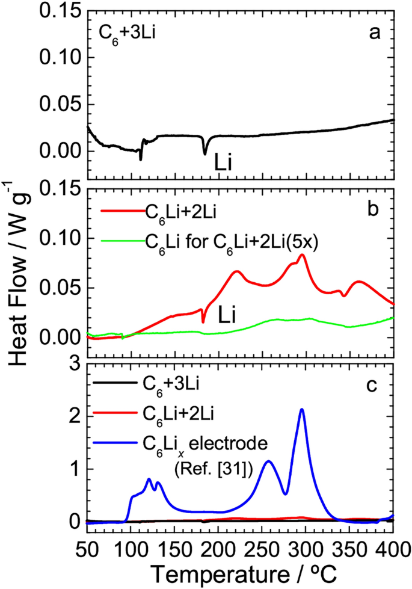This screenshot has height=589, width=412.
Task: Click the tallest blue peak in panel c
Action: click(301, 410)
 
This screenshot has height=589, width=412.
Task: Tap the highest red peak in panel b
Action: click(302, 255)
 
